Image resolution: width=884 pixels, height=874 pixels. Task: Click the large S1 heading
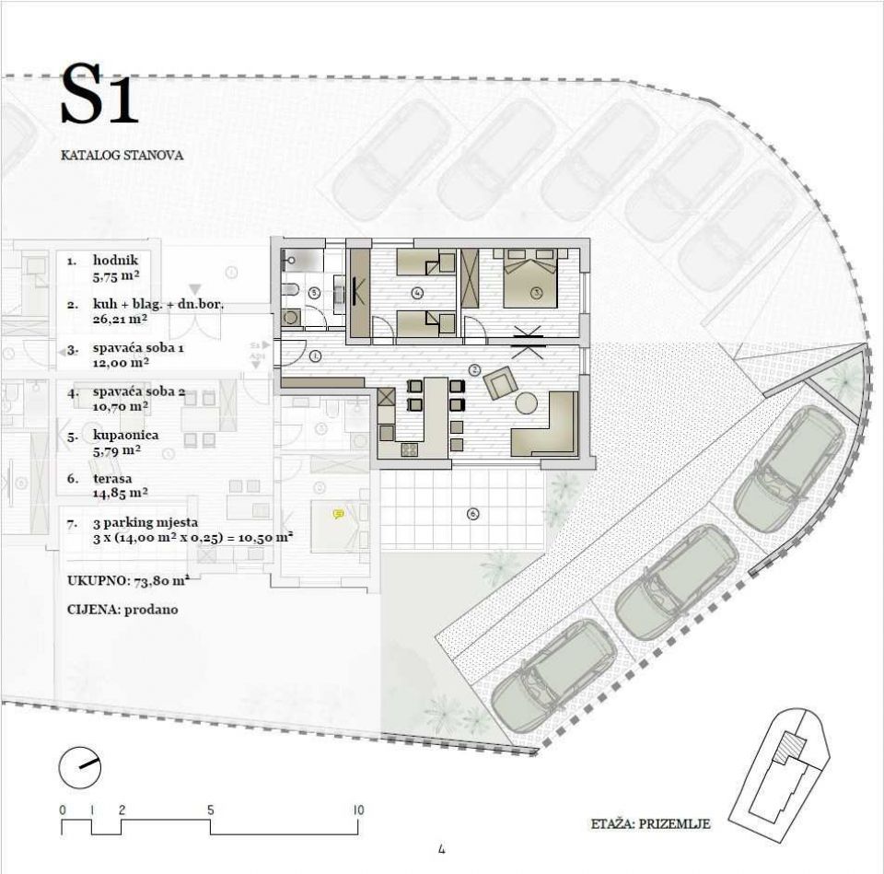point(99,94)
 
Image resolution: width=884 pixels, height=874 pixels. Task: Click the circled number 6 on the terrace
point(473,514)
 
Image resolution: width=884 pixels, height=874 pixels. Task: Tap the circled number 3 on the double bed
point(536,293)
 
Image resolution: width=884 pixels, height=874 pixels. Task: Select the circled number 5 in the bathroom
point(315,293)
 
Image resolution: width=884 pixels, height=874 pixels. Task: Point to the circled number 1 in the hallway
point(315,355)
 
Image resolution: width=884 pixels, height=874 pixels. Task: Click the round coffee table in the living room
point(527,402)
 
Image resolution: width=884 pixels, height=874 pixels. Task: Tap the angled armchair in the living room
point(501,383)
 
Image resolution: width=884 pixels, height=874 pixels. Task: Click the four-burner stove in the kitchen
point(409,449)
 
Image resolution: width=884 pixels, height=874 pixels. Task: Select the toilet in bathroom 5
point(288,290)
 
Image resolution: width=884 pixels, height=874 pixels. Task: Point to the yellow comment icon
point(339,514)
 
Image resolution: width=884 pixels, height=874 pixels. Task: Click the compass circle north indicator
point(80,767)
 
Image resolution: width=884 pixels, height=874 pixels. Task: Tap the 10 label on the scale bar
point(358,810)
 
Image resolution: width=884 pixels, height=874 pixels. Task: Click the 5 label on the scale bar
point(210,810)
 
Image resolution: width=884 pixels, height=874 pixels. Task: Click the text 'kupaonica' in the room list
point(126,436)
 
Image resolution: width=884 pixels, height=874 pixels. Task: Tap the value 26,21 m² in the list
point(120,320)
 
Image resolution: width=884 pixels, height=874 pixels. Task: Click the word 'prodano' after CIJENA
point(151,610)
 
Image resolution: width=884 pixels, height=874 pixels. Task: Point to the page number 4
point(441,848)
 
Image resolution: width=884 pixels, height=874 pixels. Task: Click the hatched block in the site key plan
point(790,748)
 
